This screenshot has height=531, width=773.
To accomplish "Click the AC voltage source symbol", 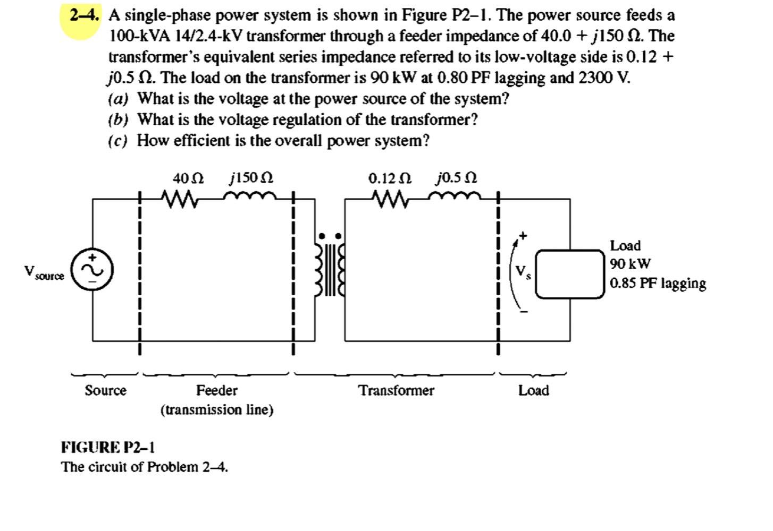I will point(93,270).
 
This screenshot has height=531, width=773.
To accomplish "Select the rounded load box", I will point(569,274).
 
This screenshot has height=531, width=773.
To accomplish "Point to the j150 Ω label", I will point(251,177).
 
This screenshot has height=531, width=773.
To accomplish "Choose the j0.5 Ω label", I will point(456,177).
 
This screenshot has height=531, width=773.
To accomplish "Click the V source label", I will point(44,273).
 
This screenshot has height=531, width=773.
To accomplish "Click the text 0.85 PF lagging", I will point(658,283).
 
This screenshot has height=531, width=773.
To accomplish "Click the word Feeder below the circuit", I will point(217,391).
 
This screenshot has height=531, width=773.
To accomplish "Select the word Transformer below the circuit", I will point(396,391).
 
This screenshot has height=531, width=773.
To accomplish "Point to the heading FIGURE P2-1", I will point(108,447).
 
